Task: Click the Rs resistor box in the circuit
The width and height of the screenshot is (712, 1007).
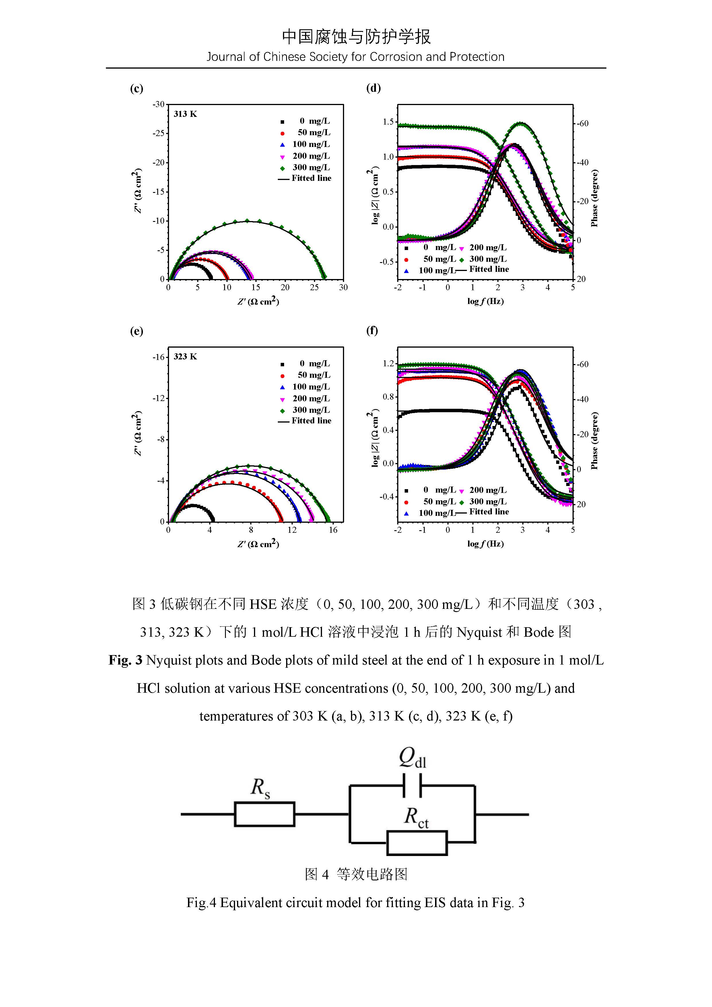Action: tap(264, 814)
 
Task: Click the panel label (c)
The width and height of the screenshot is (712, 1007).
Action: tap(136, 89)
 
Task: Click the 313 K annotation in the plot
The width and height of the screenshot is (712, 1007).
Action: tap(185, 114)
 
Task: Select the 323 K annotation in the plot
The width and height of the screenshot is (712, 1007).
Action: tap(185, 357)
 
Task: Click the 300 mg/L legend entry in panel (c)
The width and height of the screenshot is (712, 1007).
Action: tap(311, 168)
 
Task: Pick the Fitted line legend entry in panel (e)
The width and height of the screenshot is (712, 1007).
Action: tap(311, 421)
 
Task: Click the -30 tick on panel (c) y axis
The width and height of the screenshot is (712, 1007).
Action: tap(158, 104)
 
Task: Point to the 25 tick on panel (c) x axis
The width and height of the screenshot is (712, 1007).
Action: tap(314, 288)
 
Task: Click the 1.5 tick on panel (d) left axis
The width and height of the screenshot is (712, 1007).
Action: tap(388, 122)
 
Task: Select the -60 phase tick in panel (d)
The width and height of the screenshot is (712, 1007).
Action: tap(582, 124)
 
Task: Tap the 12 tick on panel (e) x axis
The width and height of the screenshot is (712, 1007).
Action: tap(292, 530)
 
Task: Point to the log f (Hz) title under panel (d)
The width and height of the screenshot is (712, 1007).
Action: tap(485, 301)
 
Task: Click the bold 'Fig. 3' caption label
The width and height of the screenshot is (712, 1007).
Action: tap(125, 660)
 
